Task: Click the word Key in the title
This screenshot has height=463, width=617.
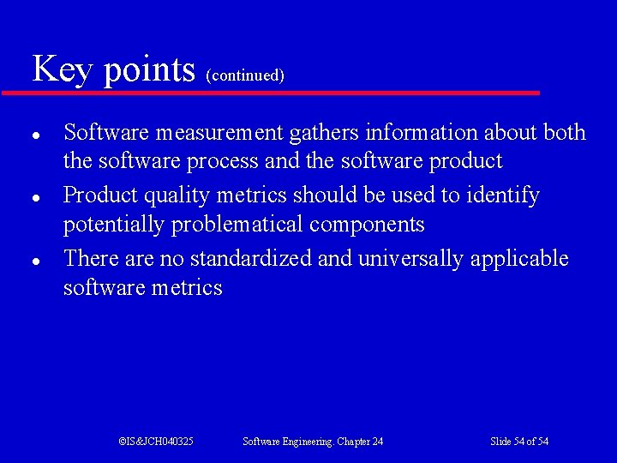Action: click(63, 69)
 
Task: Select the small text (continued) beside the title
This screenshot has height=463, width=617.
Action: click(245, 75)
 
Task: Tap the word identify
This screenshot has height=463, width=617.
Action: click(503, 196)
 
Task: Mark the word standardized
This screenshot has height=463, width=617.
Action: click(255, 259)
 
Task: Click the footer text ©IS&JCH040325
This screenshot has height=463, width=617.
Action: click(156, 442)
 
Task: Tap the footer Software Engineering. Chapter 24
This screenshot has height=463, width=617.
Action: click(313, 442)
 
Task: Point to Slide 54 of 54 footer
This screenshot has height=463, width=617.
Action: click(519, 442)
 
